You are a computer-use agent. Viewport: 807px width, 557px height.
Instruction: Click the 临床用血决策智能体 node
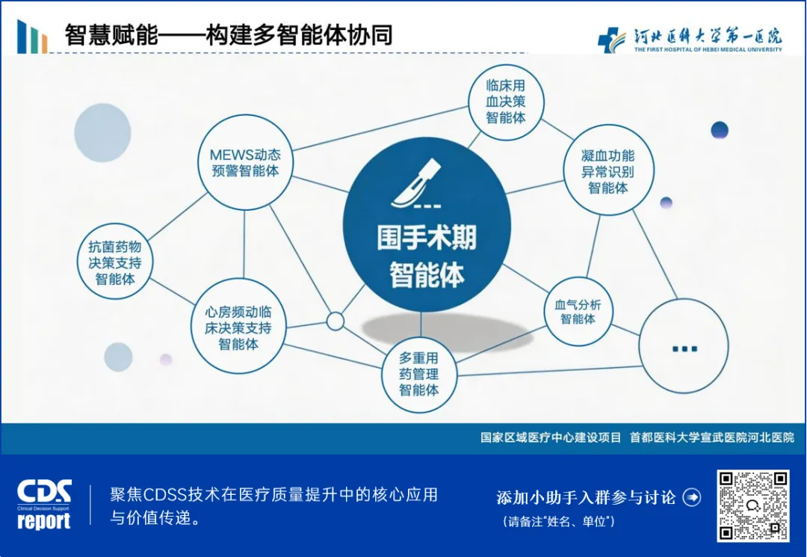point(506,102)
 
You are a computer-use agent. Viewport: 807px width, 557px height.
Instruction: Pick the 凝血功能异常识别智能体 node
point(607,171)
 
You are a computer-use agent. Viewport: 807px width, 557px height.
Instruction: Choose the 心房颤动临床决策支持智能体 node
point(238,327)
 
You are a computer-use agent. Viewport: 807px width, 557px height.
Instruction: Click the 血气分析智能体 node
point(578,311)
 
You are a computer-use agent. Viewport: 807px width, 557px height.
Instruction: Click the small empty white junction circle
point(336,321)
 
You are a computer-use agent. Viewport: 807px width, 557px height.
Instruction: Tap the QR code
point(752,505)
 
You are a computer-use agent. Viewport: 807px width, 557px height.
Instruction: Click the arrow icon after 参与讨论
point(693,497)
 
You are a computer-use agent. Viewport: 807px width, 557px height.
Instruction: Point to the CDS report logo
point(45,504)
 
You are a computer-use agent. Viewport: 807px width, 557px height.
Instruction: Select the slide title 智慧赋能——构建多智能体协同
point(229,35)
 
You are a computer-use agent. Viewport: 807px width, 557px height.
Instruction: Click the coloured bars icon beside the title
point(32,36)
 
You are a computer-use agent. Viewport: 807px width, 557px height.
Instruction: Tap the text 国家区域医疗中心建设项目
point(551,437)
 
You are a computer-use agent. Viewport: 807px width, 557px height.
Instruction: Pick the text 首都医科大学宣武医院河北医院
point(711,437)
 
